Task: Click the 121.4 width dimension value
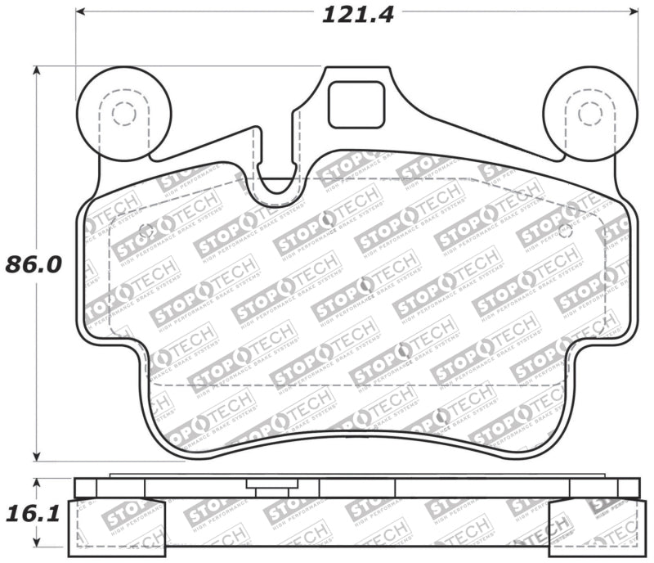point(357,15)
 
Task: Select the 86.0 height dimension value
point(33,265)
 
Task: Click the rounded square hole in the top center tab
point(356,105)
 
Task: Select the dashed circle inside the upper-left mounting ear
point(124,113)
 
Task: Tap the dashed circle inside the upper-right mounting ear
point(590,113)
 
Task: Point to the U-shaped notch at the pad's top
point(279,180)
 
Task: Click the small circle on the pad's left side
point(147,230)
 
